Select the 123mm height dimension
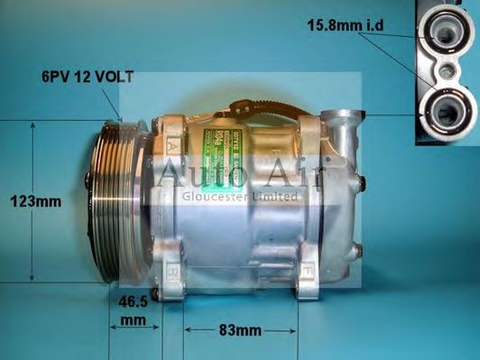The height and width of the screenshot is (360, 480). [x=37, y=201]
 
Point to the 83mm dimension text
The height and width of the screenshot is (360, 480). [x=241, y=331]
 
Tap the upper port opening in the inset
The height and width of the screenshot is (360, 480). [x=447, y=32]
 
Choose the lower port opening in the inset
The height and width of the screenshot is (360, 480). [x=447, y=111]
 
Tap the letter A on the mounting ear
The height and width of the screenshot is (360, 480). [x=171, y=143]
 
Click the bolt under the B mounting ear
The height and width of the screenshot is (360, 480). [x=158, y=292]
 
